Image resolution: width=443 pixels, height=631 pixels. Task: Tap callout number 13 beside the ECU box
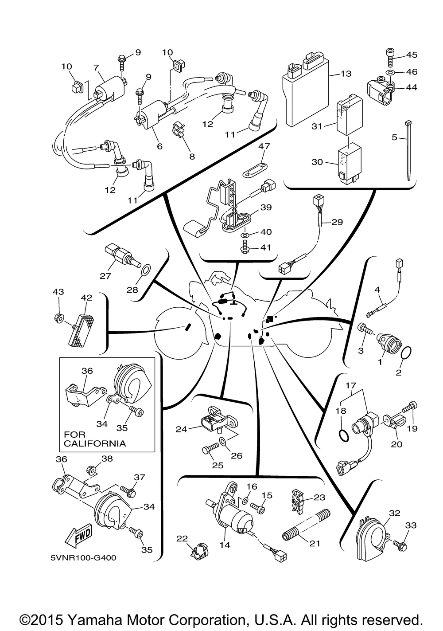click(x=346, y=74)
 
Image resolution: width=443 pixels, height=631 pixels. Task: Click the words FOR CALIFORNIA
click(x=94, y=439)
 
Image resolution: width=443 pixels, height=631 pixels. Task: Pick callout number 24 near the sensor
click(x=181, y=429)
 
